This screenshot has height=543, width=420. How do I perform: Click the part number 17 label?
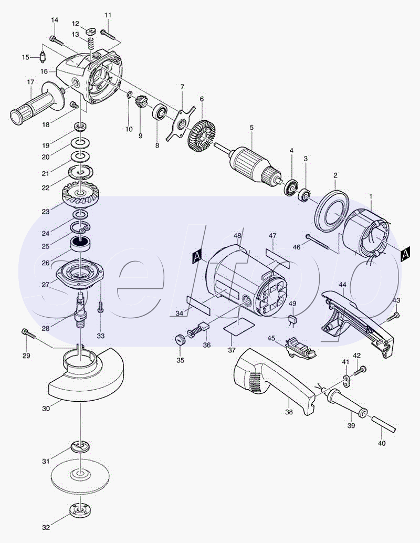coord(31,82)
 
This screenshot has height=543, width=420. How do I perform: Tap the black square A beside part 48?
coord(197,256)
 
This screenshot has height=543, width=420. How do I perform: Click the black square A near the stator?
coord(405,254)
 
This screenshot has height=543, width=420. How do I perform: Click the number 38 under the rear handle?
coord(289,412)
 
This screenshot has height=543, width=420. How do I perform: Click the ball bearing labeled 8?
coord(160,111)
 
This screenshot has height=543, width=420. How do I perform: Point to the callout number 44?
coord(342,284)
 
